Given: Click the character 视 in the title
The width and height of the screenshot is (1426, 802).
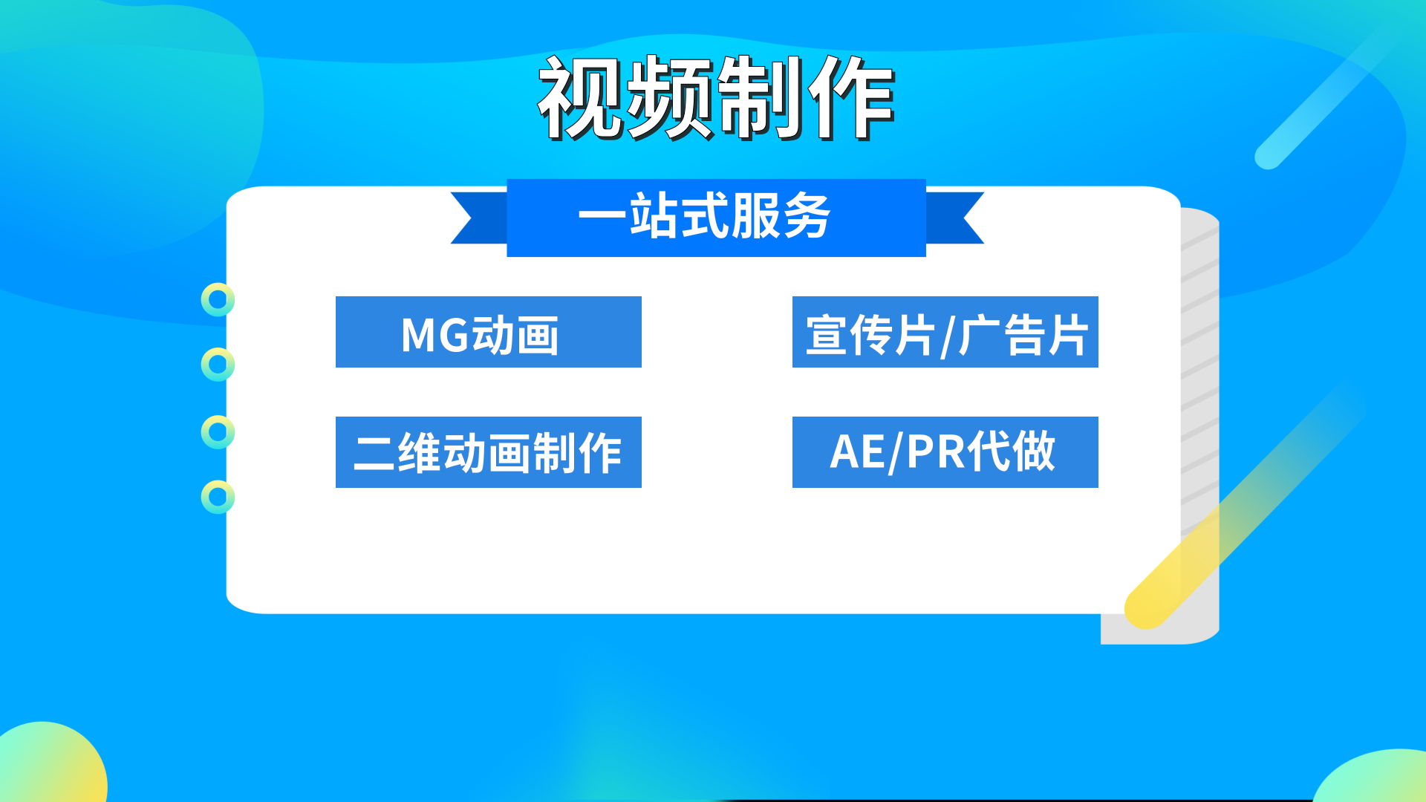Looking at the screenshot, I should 581,98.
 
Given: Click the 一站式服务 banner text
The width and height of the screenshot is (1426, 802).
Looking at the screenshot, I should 704,216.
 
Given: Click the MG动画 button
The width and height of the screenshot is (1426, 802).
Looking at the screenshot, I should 488,332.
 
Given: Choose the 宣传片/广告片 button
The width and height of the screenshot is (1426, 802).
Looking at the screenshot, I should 945,332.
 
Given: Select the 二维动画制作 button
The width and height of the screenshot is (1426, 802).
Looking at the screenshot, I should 488,452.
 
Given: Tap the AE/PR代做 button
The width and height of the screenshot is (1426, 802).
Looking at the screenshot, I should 945,452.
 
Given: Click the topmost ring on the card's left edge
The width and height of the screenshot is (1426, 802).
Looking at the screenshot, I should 218,300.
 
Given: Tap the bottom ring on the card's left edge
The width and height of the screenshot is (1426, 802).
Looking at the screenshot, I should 218,497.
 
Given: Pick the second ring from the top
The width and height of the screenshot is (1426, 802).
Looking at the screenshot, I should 218,365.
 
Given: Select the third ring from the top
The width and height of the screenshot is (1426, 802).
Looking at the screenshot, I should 218,432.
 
